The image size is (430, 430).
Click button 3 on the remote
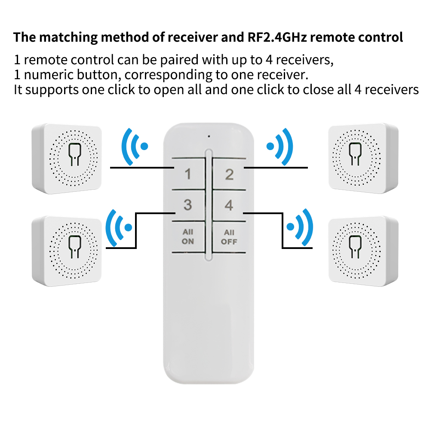(187, 205)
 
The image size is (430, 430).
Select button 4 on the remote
(229, 206)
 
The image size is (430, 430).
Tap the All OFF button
(229, 237)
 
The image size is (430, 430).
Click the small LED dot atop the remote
(209, 137)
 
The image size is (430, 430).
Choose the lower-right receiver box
(362, 249)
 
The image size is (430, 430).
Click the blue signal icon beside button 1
(135, 146)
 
